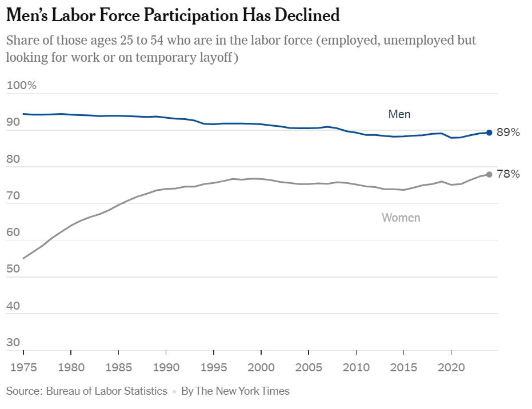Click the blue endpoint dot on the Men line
(489, 133)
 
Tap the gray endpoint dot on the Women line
(489, 174)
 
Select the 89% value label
(509, 133)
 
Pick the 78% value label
(509, 174)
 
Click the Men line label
(399, 114)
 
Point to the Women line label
(401, 218)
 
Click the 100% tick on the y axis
(21, 86)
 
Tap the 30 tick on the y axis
(13, 343)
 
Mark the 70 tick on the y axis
(13, 196)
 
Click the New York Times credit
(235, 391)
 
